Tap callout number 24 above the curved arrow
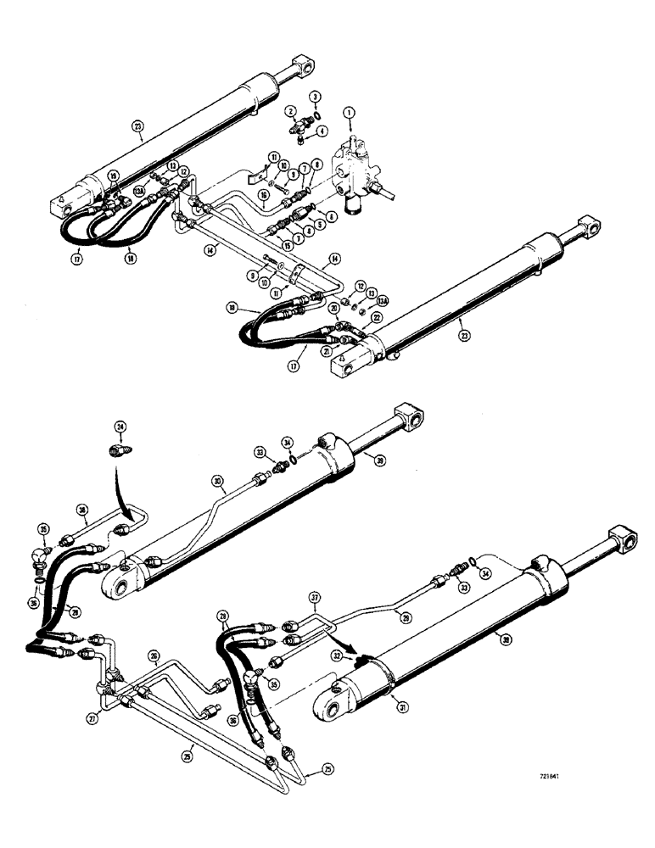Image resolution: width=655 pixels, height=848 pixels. (x=120, y=427)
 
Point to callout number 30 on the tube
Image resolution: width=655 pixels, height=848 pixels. (x=218, y=481)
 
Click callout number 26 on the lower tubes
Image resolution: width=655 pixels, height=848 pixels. (x=153, y=655)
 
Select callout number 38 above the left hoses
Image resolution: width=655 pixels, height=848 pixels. (x=81, y=510)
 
